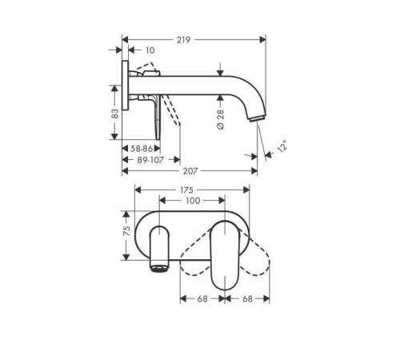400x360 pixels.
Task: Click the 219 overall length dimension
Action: pos(186,37)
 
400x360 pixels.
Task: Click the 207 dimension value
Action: pos(190,170)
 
